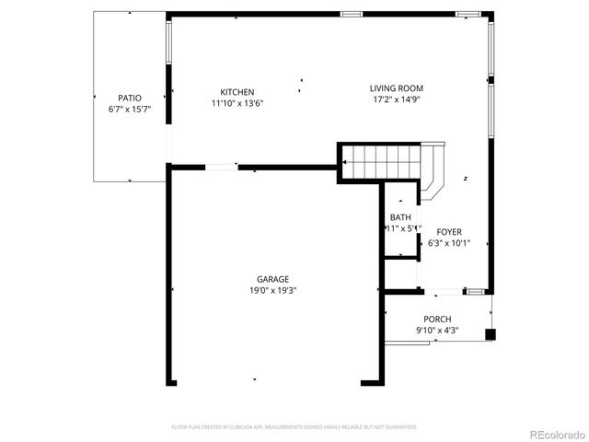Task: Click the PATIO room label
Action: pos(129,98)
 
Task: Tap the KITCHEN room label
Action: pos(237,91)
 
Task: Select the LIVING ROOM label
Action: pos(398,88)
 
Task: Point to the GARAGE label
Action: pos(272,279)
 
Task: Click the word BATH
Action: pos(400,217)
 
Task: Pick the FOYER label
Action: pos(449,232)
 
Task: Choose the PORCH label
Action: pos(437,319)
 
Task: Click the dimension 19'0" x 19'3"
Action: pos(272,290)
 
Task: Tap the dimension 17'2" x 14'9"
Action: pos(398,99)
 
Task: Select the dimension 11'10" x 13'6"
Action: pos(237,103)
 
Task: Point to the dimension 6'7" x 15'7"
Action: pos(129,109)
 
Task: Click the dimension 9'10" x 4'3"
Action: pos(437,330)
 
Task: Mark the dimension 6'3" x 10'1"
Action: pos(449,243)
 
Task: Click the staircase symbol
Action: pos(380,162)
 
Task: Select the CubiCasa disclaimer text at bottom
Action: pos(294,427)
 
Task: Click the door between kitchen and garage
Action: pos(221,167)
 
